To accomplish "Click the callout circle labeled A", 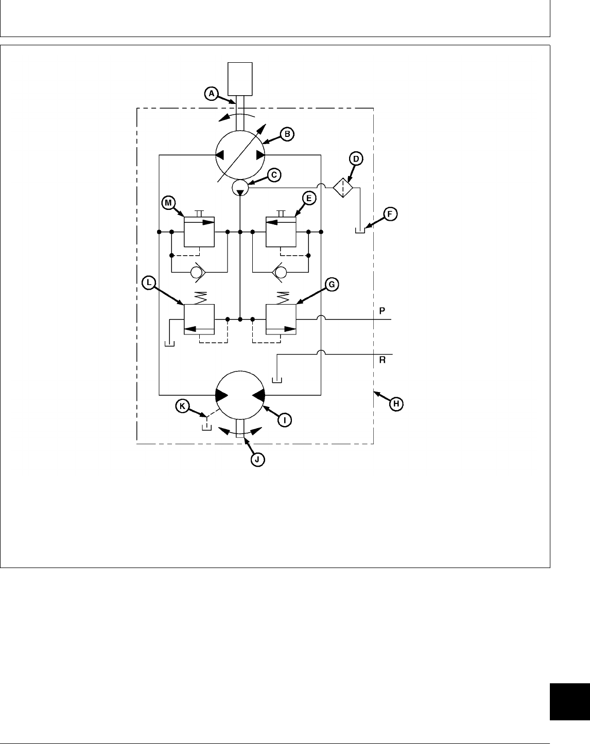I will pos(210,93).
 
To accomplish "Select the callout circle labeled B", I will pos(287,134).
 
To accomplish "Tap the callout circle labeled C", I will pos(274,175).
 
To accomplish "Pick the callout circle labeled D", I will pos(356,159).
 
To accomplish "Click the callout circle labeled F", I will pos(390,215).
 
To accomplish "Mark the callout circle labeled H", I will pos(395,404).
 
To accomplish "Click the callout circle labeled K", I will pos(182,406).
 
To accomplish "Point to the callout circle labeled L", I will pos(148,283).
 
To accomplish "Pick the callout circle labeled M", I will pos(168,203).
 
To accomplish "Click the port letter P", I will pos(382,311).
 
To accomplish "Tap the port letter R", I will pos(382,360).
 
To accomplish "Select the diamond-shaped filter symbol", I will pos(342,188).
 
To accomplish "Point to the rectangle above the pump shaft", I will pos(240,79).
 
